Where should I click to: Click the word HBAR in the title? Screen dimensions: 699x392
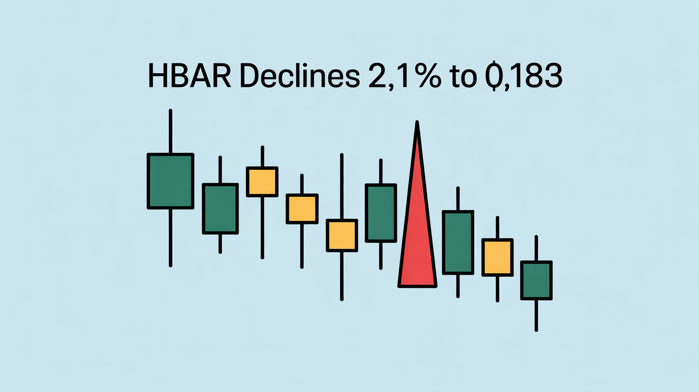tap(190, 76)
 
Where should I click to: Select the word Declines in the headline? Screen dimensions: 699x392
tap(300, 75)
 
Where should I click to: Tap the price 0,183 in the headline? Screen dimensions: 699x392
tap(524, 76)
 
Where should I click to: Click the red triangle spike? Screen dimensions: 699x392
tap(417, 218)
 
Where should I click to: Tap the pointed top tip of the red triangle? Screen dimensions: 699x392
tap(417, 121)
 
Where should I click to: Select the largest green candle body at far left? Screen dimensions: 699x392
tap(170, 181)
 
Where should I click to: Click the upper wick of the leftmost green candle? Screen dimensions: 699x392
tap(170, 131)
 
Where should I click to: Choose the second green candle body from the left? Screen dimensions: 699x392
tap(221, 209)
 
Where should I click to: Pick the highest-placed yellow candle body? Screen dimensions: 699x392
tap(262, 182)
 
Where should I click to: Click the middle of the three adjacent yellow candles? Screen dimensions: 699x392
tap(302, 209)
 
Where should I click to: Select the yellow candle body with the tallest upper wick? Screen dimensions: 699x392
tap(342, 235)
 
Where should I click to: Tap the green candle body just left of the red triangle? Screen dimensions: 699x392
tap(381, 213)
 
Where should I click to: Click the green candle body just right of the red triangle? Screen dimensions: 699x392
tap(458, 242)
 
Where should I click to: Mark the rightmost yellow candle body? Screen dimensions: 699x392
tap(498, 257)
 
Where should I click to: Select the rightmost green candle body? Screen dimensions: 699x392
tap(536, 280)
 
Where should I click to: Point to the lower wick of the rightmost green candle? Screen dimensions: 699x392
tap(536, 315)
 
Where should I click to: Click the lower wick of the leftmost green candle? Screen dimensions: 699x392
tap(170, 238)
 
